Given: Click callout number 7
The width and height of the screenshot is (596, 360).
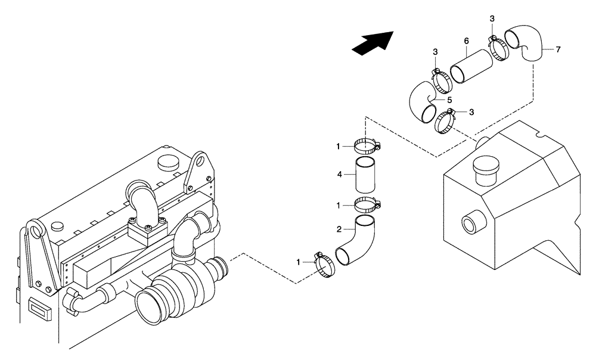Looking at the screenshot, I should tap(558, 49).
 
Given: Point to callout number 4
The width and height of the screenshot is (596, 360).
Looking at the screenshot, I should tap(340, 175).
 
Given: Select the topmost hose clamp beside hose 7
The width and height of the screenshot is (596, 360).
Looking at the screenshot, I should tap(496, 47).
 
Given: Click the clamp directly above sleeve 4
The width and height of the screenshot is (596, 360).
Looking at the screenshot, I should tap(367, 145).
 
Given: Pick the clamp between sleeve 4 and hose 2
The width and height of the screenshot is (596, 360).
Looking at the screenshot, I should tap(366, 206).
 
